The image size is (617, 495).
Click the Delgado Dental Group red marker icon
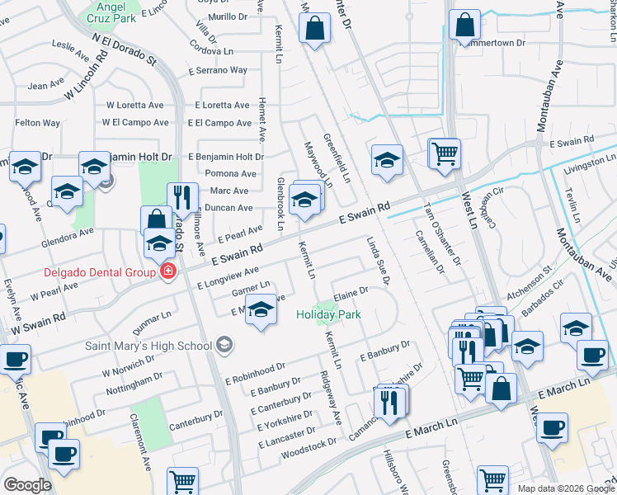tap(168, 271)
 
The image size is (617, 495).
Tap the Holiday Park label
tap(328, 314)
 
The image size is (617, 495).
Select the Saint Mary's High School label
tap(149, 345)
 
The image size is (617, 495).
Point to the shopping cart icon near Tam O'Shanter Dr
tap(444, 153)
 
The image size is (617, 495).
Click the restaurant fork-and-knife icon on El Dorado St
tap(182, 198)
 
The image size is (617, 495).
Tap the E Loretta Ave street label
tap(222, 106)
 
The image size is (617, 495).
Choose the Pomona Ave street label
tap(232, 173)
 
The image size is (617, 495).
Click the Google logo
tap(27, 485)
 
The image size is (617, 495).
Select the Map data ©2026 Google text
tap(565, 488)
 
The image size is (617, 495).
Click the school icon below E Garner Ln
tap(261, 312)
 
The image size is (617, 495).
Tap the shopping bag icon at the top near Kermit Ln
tap(316, 30)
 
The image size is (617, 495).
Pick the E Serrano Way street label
tap(220, 70)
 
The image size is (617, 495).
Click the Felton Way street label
tap(38, 123)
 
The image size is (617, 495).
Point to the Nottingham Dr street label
tap(135, 382)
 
